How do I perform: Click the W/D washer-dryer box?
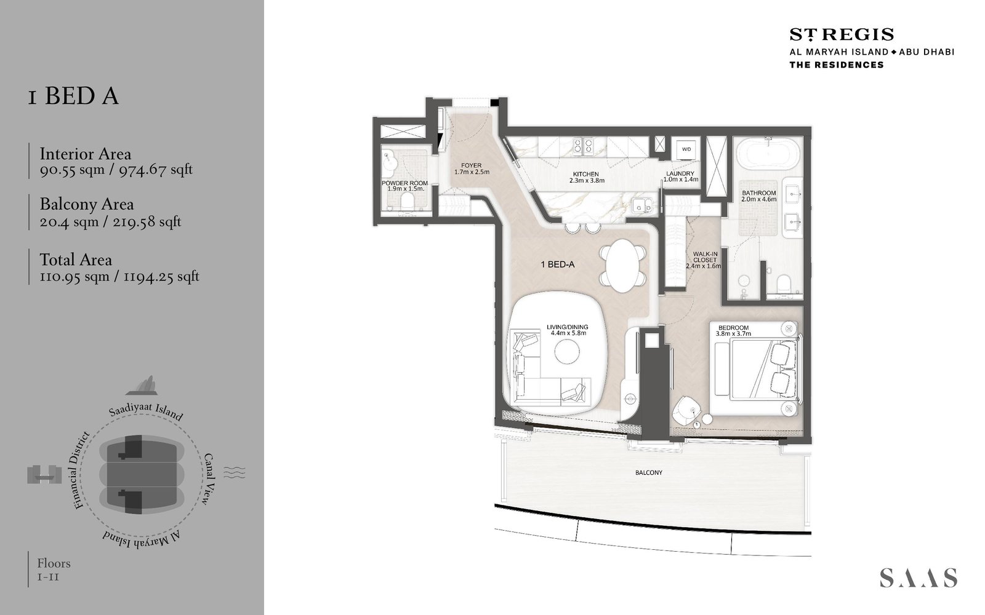686,150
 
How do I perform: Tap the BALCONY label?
649,473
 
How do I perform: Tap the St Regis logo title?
842,34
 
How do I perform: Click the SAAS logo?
918,577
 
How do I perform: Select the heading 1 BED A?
73,97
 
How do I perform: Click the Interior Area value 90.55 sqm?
72,170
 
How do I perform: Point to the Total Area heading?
76,260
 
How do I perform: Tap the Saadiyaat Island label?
146,411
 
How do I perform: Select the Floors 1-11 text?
54,569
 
